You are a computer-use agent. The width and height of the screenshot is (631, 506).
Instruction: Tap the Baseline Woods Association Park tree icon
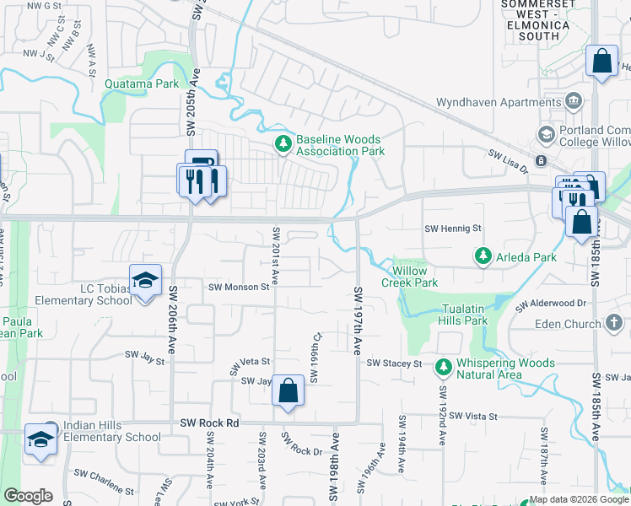click(283, 145)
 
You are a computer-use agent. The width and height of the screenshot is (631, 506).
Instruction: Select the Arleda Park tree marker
click(483, 255)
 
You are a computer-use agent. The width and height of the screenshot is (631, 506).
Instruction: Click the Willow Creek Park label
click(414, 277)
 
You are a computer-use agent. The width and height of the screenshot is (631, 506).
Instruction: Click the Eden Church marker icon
click(613, 323)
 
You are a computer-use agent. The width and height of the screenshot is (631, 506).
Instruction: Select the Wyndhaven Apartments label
click(498, 103)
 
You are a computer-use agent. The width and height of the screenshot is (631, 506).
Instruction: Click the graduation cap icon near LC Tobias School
click(145, 279)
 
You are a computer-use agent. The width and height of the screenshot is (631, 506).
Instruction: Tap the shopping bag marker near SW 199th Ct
click(288, 390)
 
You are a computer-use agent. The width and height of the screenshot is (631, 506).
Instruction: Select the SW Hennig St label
click(452, 229)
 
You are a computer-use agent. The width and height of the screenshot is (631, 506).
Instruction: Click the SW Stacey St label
click(394, 363)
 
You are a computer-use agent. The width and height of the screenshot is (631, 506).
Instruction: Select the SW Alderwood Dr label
click(551, 303)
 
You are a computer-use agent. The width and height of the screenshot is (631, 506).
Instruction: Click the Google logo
click(28, 496)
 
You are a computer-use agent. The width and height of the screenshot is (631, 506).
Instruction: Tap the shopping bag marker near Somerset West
click(601, 62)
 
